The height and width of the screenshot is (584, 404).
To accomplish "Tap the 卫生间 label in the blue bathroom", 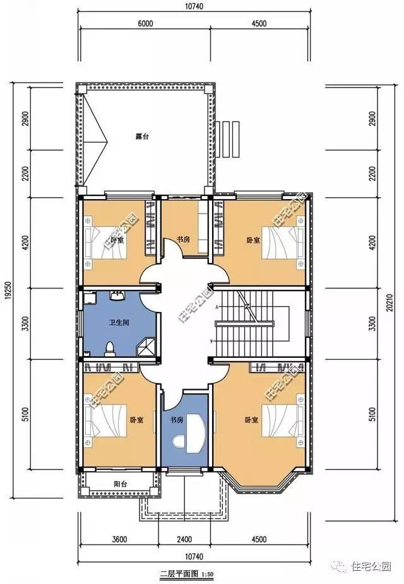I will (x=119, y=323).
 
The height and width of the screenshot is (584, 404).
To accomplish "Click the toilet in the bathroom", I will (x=110, y=348).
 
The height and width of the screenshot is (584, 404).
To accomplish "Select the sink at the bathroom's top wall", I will (x=117, y=296).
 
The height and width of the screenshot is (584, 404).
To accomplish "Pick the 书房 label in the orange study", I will (x=183, y=239).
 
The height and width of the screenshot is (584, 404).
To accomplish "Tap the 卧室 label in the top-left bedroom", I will (x=117, y=240).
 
